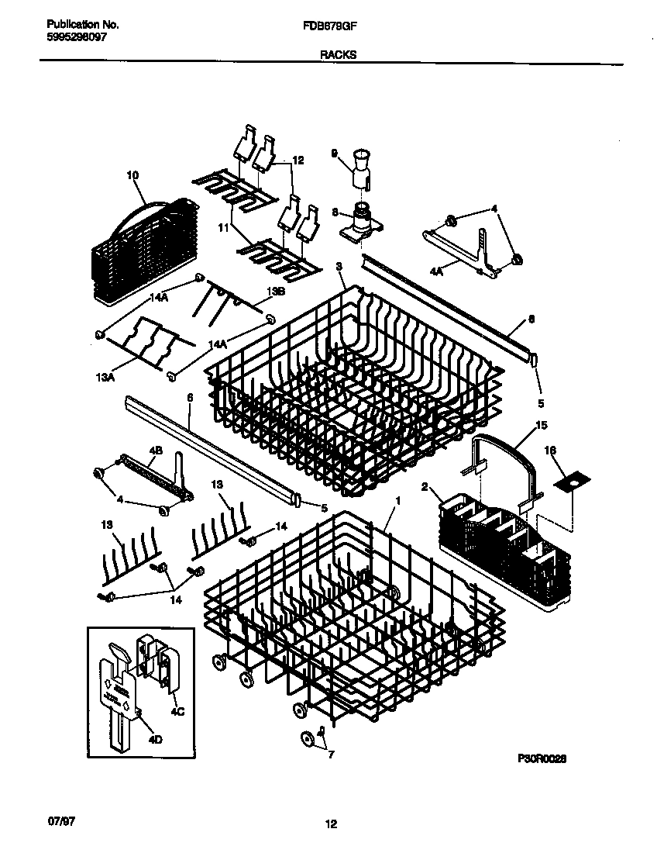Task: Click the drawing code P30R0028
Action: coord(542,761)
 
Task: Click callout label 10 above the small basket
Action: coord(132,176)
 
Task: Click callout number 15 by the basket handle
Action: coord(542,426)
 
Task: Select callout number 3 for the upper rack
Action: coord(339,266)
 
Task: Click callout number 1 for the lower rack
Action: coord(397,501)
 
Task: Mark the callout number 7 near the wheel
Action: coord(331,755)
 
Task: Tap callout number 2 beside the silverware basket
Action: coord(425,487)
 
